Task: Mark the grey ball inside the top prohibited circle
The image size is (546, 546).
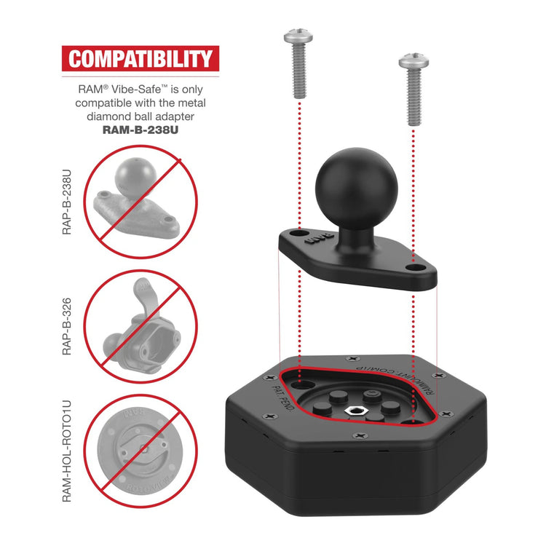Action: click(130, 174)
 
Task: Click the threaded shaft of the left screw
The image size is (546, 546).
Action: click(298, 73)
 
